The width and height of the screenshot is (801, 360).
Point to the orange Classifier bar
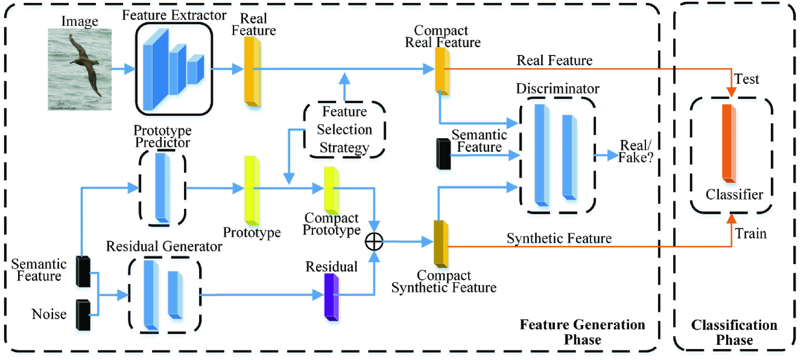(728, 142)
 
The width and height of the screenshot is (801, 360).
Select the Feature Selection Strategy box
(344, 130)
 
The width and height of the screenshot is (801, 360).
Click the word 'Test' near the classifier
(747, 79)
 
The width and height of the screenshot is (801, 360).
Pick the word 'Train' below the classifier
(750, 233)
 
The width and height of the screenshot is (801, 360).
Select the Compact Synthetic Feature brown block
(441, 242)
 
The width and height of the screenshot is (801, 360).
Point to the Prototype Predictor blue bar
(161, 186)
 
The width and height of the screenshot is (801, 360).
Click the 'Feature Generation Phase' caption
(582, 332)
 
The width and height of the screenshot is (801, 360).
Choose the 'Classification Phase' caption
(733, 332)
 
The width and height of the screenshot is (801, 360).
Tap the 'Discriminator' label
(558, 89)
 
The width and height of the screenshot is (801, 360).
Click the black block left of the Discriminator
(442, 153)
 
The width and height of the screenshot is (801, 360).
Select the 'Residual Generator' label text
(164, 247)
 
